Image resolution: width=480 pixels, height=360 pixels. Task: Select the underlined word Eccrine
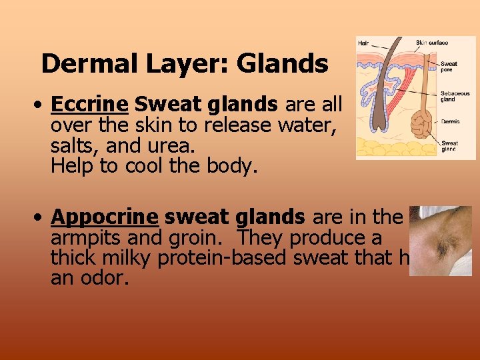89,105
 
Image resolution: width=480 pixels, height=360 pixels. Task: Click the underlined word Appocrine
104,217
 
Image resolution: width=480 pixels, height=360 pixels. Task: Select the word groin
203,238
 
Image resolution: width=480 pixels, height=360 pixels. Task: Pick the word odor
103,278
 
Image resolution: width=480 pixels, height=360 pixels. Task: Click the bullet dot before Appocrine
41,218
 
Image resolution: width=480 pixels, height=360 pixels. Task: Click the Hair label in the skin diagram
363,43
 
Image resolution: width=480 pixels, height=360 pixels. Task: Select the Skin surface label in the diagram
432,43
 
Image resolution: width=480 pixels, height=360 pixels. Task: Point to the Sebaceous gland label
455,97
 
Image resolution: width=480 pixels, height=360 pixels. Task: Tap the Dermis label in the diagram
450,121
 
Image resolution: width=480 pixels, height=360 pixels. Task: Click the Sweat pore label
449,67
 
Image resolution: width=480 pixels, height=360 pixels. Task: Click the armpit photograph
440,241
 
